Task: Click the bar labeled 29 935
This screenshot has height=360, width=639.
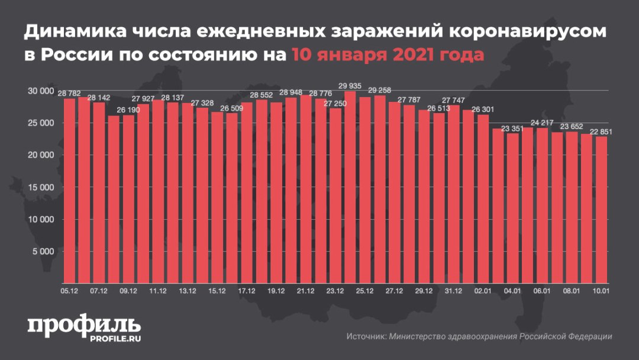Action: pos(350,187)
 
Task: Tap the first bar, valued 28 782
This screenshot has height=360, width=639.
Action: pos(69,190)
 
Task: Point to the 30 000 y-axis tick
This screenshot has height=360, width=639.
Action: pos(40,91)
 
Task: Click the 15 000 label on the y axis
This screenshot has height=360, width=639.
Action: pos(40,187)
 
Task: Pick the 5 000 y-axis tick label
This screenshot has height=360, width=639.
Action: pos(42,251)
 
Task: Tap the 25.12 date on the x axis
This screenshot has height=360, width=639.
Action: pos(364,291)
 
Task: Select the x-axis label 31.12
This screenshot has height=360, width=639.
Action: pos(453,291)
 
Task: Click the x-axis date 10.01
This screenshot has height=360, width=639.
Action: pos(601,291)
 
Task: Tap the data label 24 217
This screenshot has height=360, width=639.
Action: pos(542,123)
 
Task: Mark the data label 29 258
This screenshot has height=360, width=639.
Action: pos(379,90)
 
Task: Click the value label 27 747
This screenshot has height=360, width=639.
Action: pos(453,100)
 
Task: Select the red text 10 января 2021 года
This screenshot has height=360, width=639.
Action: pos(388,55)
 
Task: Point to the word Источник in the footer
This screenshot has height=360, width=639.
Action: pos(366,336)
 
